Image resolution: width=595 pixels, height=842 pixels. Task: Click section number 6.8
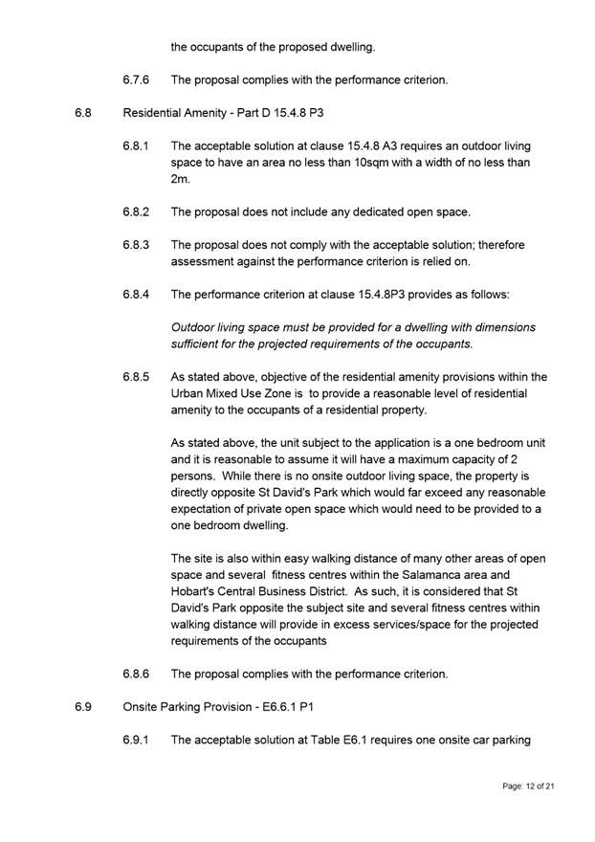(x=82, y=113)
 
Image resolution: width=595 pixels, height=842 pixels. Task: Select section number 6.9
(x=82, y=707)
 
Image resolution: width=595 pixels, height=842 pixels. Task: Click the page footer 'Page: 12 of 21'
(x=528, y=786)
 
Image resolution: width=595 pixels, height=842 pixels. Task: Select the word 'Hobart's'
(x=194, y=591)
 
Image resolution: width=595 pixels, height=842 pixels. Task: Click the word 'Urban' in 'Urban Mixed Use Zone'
(x=187, y=393)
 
